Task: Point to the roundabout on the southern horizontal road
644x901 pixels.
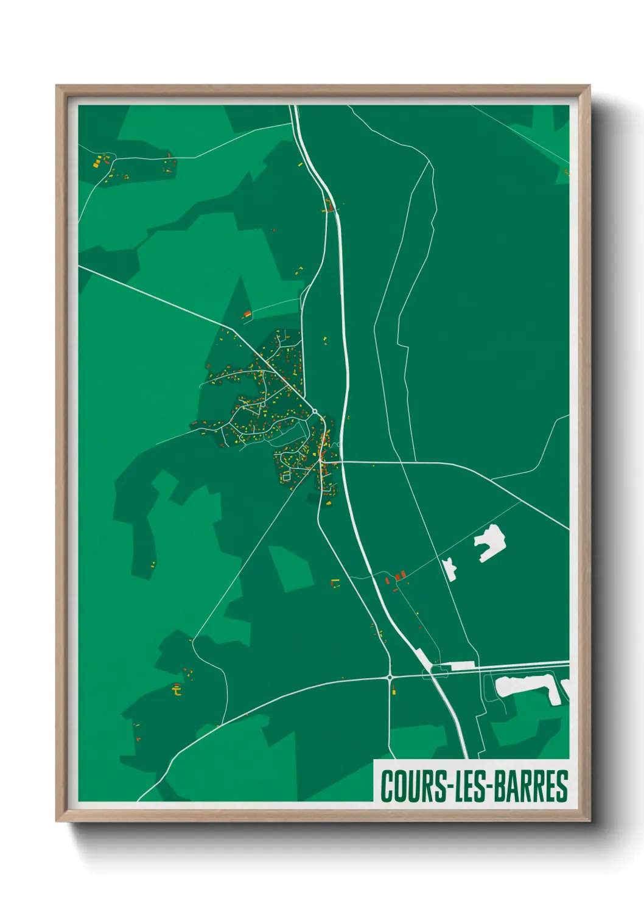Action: [390, 676]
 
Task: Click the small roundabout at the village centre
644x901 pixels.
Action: [315, 414]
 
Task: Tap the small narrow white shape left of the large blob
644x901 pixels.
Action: [450, 568]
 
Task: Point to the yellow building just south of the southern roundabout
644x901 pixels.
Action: [394, 690]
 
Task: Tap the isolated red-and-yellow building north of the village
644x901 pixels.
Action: [247, 314]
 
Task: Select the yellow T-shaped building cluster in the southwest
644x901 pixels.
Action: [177, 690]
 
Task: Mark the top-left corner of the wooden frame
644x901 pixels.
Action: [57, 86]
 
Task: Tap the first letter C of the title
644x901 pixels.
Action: [387, 786]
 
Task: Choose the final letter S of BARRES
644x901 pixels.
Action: [562, 786]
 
